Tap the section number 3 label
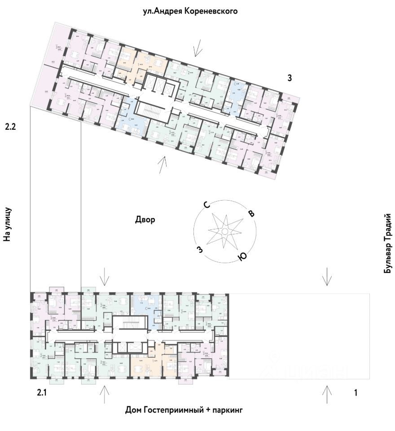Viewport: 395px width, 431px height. click(290, 78)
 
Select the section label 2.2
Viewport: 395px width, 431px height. click(10, 127)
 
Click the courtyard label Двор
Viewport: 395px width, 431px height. click(145, 220)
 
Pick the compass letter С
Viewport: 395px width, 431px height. click(207, 206)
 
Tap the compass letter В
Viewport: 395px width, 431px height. click(251, 213)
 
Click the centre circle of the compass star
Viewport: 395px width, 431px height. click(224, 231)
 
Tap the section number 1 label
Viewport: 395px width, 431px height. click(355, 393)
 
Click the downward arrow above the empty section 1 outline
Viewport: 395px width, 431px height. click(328, 277)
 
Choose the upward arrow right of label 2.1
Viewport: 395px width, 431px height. click(104, 394)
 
